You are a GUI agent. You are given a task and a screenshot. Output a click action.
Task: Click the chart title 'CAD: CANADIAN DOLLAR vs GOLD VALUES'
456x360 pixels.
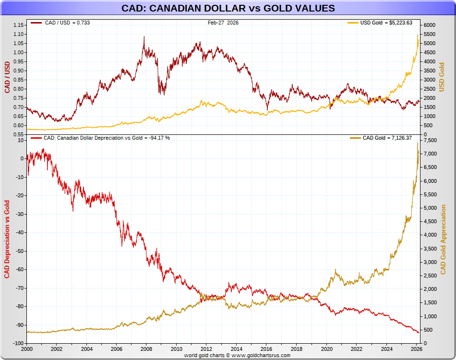pos(228,9)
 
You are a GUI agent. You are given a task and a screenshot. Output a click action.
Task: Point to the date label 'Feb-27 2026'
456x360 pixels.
pos(223,23)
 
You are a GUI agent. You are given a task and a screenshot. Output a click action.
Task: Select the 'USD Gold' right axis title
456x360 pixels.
pos(442,77)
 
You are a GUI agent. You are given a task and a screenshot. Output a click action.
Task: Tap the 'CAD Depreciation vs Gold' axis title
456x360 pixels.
pos(7,238)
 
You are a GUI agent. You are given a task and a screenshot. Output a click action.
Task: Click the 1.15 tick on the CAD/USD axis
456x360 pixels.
pos(19,25)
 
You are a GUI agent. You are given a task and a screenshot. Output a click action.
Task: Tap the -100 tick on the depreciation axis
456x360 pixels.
pos(17,344)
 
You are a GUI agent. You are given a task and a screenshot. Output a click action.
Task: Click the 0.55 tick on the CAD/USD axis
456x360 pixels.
pos(19,134)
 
